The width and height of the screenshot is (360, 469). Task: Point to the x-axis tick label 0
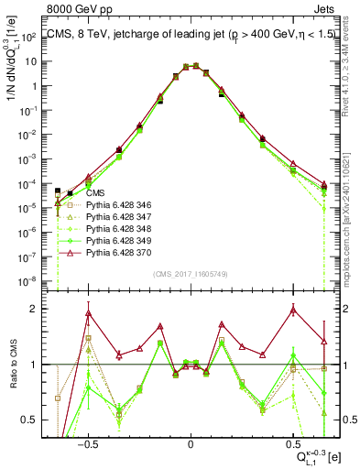[191, 442]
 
